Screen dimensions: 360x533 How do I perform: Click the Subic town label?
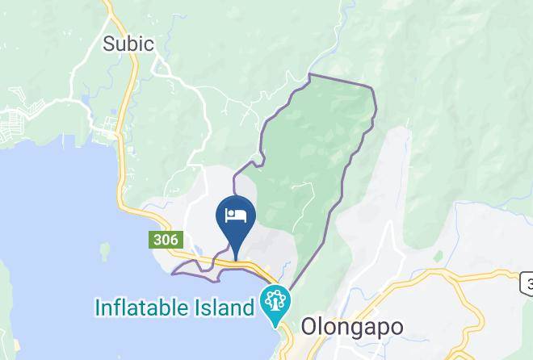[x=128, y=44]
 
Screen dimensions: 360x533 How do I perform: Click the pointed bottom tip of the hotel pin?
[x=236, y=258]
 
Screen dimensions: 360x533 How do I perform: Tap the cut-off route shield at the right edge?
[x=527, y=283]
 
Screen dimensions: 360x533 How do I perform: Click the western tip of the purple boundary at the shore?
[x=174, y=273]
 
